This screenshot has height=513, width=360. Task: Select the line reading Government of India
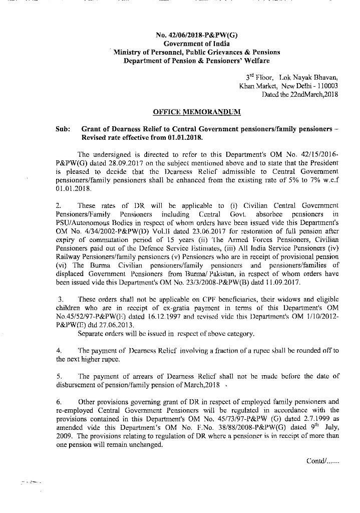(197, 44)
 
